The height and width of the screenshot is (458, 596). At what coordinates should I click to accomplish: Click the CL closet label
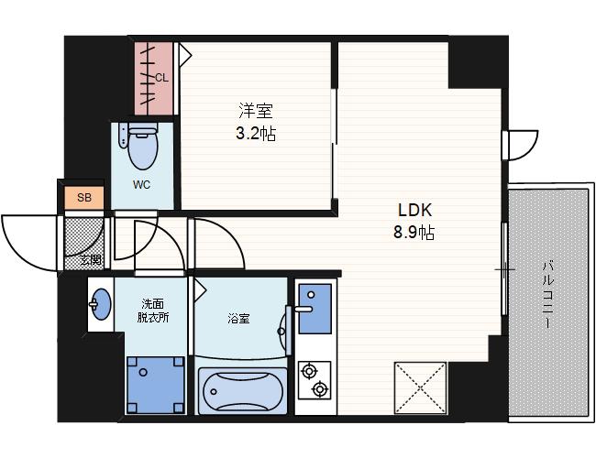pyautogui.click(x=161, y=78)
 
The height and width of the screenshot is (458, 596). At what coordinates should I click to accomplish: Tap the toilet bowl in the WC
pyautogui.click(x=142, y=149)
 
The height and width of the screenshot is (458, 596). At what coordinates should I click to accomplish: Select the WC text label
pyautogui.click(x=141, y=185)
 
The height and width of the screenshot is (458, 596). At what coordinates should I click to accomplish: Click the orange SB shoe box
pyautogui.click(x=83, y=198)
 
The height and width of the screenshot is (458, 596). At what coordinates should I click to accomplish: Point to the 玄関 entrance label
pyautogui.click(x=91, y=260)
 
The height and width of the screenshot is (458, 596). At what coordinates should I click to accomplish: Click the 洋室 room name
pyautogui.click(x=256, y=111)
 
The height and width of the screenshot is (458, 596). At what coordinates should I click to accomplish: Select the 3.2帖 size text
pyautogui.click(x=256, y=134)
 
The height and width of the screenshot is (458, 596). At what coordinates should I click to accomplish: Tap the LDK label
pyautogui.click(x=414, y=210)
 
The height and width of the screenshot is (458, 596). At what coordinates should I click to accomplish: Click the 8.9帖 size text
pyautogui.click(x=414, y=232)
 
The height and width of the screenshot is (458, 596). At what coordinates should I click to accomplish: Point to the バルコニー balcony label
pyautogui.click(x=547, y=293)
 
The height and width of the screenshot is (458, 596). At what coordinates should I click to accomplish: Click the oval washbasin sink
pyautogui.click(x=101, y=304)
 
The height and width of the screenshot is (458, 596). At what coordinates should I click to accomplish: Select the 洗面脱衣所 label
pyautogui.click(x=153, y=311)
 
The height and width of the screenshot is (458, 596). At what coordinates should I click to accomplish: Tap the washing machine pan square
pyautogui.click(x=156, y=385)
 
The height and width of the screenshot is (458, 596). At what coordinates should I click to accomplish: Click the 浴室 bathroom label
pyautogui.click(x=238, y=318)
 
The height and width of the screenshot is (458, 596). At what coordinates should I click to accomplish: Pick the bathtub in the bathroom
pyautogui.click(x=242, y=390)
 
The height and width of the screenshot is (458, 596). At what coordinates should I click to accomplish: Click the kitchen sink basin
pyautogui.click(x=315, y=309)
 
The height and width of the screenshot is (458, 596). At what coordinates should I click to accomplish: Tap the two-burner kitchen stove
pyautogui.click(x=315, y=380)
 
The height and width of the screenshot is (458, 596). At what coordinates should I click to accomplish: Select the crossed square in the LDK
pyautogui.click(x=420, y=387)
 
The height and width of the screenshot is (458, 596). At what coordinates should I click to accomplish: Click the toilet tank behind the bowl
pyautogui.click(x=143, y=127)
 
